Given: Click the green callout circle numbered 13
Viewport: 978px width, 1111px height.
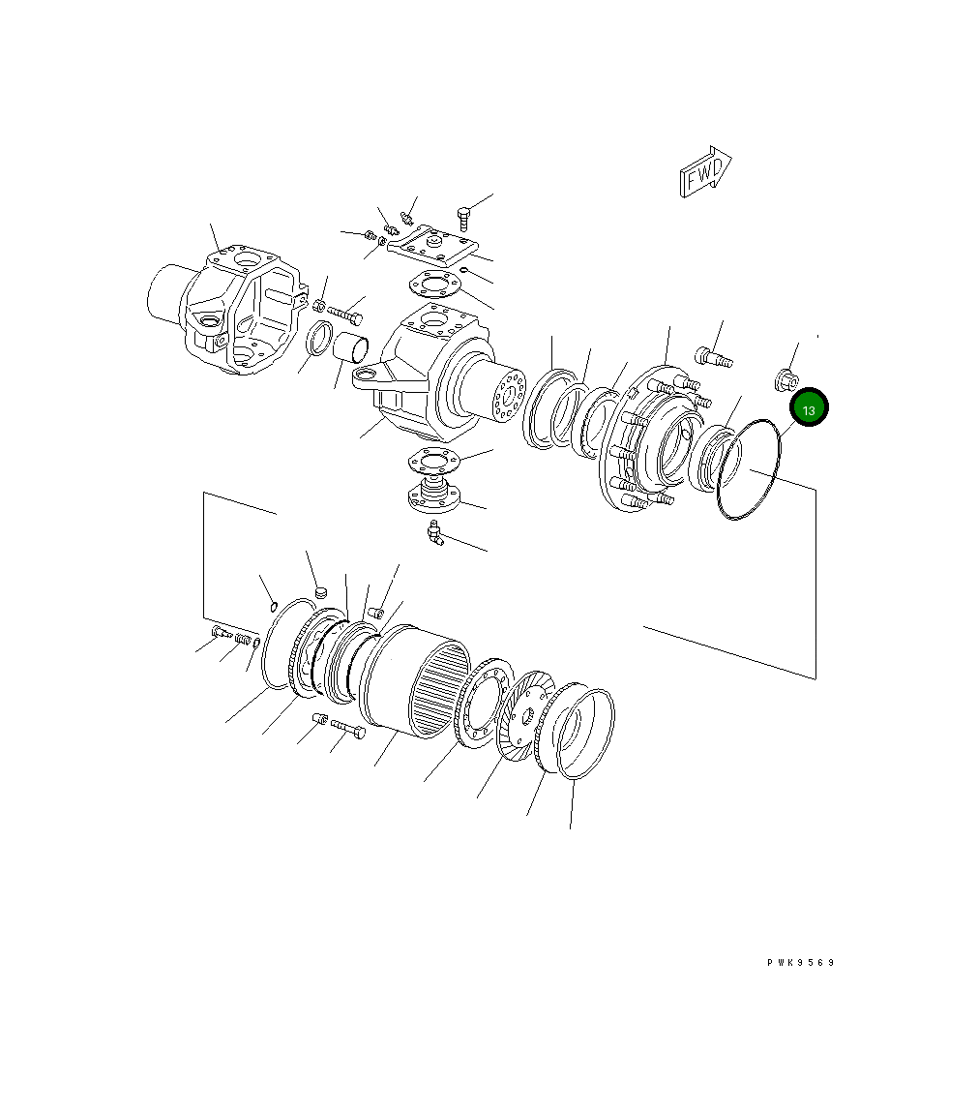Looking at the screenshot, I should (809, 409).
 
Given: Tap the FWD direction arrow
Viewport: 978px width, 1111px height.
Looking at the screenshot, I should (705, 174).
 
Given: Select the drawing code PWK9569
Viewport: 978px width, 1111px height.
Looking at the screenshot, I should (800, 963).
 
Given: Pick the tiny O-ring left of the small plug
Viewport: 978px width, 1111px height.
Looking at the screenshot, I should (275, 606).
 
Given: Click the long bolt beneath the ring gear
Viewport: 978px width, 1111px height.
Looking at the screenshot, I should (347, 728).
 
